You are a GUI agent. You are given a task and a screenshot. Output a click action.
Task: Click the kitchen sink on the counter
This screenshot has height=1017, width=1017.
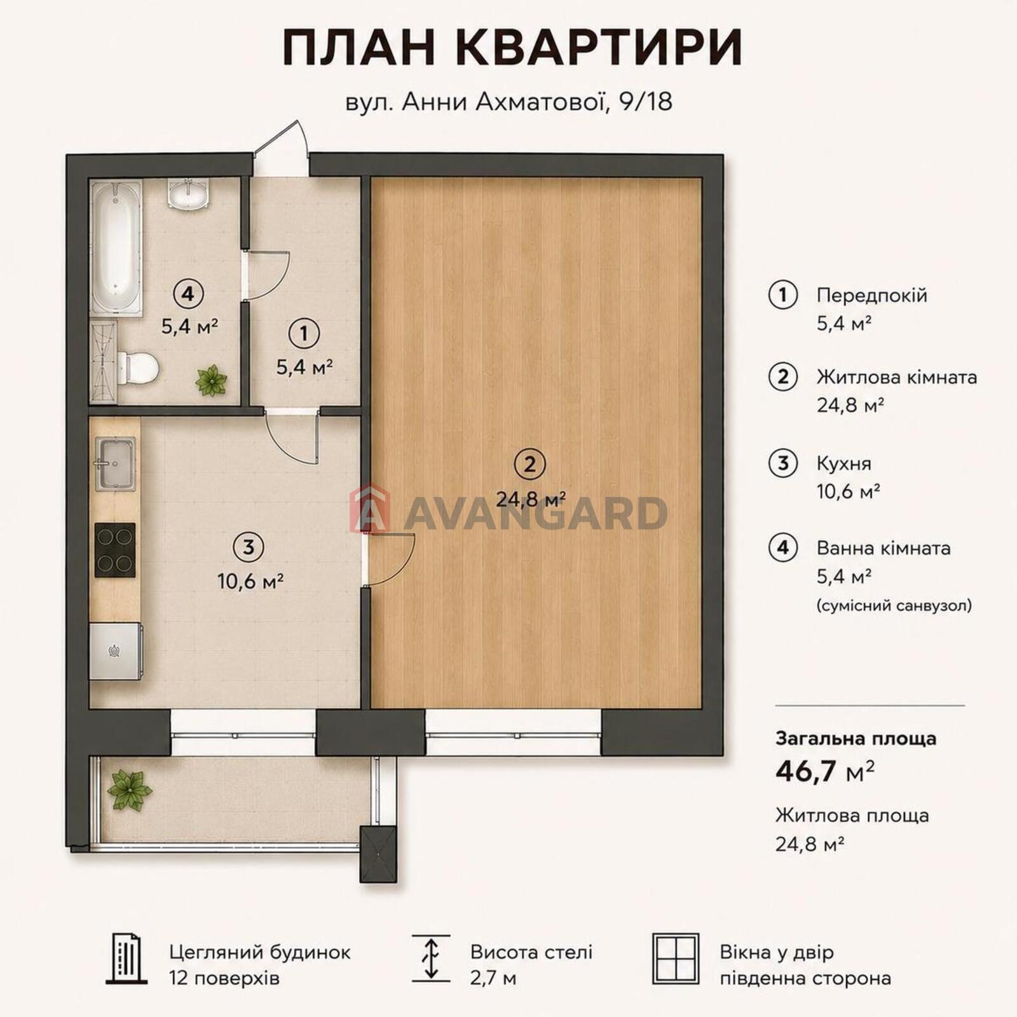click(115, 463)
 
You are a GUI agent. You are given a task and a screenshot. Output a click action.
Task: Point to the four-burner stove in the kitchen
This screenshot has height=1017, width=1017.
click(115, 550)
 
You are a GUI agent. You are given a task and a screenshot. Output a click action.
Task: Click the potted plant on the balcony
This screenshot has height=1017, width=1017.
click(129, 790)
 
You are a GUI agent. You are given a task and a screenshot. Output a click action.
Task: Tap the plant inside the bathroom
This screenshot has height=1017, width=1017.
click(211, 380)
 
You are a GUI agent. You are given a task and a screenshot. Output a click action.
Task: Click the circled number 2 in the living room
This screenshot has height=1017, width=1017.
click(531, 465)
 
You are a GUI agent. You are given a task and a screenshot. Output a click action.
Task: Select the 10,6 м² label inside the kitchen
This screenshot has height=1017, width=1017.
click(250, 581)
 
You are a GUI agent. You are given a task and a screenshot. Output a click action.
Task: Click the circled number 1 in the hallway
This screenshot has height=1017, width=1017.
click(304, 334)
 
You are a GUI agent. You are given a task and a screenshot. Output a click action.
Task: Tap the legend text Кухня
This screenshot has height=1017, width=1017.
click(843, 463)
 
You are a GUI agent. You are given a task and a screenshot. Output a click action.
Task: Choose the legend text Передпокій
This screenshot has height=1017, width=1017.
click(871, 296)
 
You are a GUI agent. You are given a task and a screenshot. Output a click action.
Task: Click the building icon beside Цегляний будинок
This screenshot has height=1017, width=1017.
click(126, 959)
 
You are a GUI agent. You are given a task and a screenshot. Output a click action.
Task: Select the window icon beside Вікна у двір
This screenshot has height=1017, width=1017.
click(676, 959)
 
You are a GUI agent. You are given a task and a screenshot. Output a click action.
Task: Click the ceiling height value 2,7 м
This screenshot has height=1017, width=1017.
click(493, 978)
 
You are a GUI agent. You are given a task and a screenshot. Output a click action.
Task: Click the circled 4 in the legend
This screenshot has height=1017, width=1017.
click(783, 547)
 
